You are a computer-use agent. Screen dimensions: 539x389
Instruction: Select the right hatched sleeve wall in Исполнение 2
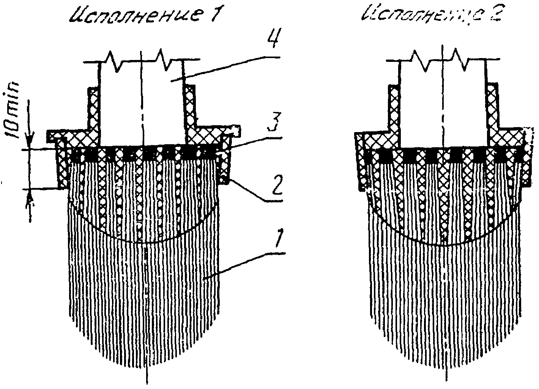pos(492,106)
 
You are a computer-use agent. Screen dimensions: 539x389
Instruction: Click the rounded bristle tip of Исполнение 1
pos(146,364)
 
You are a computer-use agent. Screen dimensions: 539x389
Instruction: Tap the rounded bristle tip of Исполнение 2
pos(444,364)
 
